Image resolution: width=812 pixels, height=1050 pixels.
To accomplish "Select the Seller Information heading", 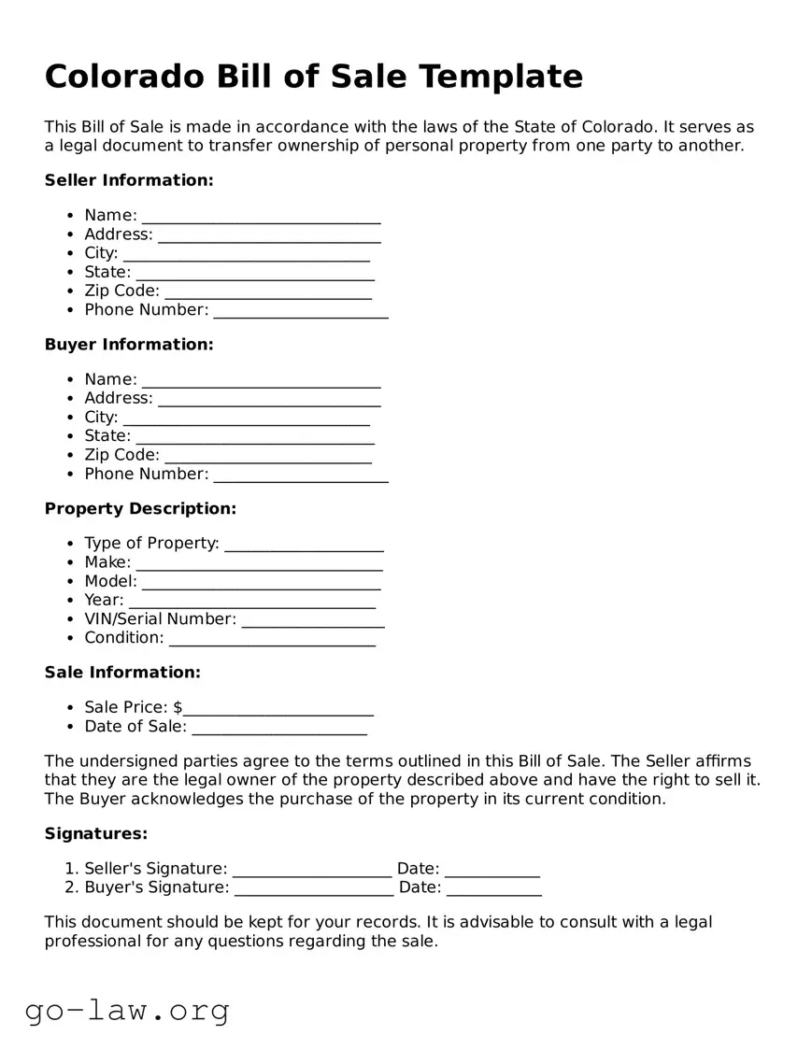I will [129, 180].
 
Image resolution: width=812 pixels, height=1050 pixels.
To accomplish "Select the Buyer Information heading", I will [129, 345].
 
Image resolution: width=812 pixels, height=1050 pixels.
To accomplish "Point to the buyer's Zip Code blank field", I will [267, 459].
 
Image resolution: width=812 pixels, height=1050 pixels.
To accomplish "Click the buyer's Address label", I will [118, 398].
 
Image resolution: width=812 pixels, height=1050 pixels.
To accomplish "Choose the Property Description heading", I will [140, 509].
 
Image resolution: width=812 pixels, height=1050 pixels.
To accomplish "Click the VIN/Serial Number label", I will [160, 618].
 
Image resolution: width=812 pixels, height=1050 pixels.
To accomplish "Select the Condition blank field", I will [272, 642].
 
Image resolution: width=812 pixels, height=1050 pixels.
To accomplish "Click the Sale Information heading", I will [122, 673].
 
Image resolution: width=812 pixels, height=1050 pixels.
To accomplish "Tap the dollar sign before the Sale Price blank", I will [178, 708].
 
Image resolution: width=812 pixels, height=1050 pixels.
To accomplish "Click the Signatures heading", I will [96, 833].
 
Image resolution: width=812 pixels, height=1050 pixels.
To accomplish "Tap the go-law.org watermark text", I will [127, 1010].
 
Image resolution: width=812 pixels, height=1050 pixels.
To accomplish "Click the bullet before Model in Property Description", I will [72, 582].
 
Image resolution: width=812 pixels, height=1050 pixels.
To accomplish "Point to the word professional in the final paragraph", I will [93, 942].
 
